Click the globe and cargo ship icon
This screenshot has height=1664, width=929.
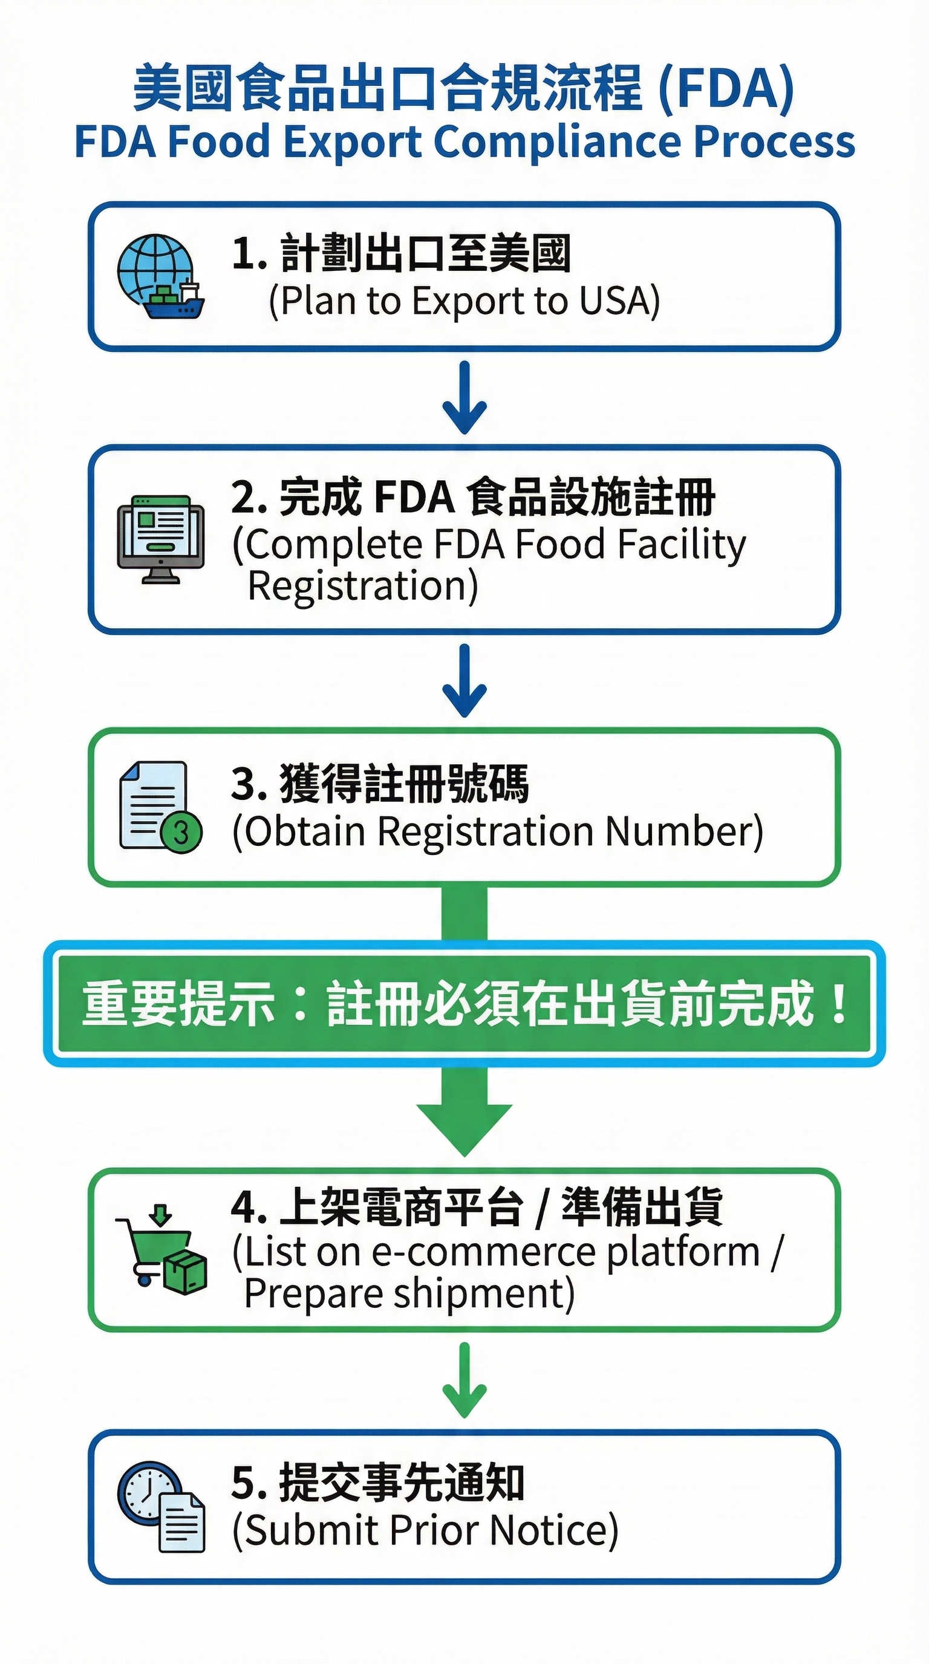tap(160, 276)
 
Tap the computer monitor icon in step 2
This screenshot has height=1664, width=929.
tap(161, 539)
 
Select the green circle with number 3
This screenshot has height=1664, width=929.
tap(181, 833)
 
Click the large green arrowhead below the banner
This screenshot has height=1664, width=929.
tap(464, 1127)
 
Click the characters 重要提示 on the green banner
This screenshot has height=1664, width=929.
tap(178, 1003)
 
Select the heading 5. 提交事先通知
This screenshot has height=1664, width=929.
tap(378, 1483)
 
